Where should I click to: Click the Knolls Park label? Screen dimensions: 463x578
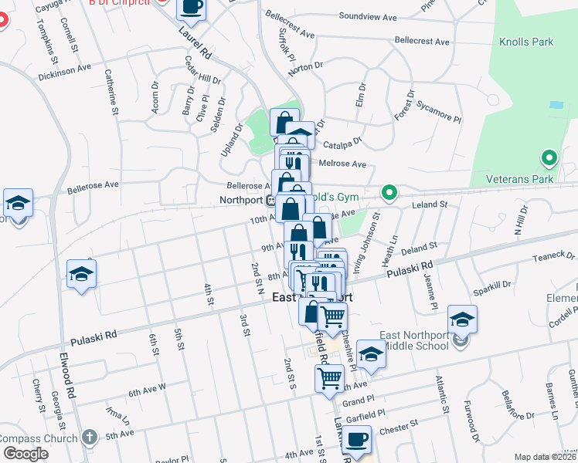[525, 42]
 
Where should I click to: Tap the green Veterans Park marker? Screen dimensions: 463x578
[549, 159]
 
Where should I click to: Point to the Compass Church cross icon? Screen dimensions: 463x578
[91, 438]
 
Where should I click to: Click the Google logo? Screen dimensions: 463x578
[25, 454]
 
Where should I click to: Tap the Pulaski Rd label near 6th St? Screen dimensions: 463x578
[93, 337]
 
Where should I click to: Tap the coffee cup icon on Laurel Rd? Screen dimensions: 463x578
[191, 8]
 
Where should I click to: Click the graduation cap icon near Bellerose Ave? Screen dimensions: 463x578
[18, 204]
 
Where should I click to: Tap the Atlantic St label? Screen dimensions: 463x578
[440, 389]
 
